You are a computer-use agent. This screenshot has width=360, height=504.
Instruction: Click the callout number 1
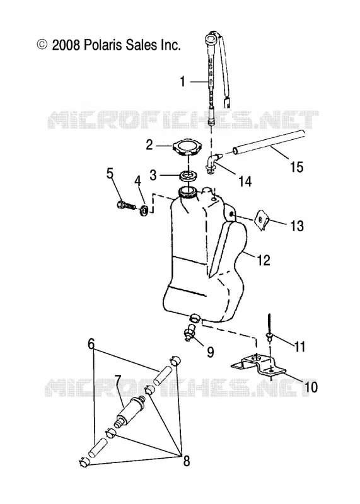coord(183,81)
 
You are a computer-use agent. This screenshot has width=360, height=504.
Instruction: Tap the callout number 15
coord(296,167)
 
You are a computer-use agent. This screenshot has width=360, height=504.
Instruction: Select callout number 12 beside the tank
coord(264,260)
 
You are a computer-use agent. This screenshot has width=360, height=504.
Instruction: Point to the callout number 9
coord(210,352)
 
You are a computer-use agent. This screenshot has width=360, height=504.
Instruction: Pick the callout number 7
coord(117,381)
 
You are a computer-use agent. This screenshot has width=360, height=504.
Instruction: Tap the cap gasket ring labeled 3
coord(187,176)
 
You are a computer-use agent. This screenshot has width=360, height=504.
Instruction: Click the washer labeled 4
coord(145,211)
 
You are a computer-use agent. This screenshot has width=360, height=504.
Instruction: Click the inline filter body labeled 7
coord(129,411)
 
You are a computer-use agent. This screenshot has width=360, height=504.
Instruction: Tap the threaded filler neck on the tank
coord(187,192)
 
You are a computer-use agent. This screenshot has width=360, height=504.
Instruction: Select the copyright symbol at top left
coord(42,44)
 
